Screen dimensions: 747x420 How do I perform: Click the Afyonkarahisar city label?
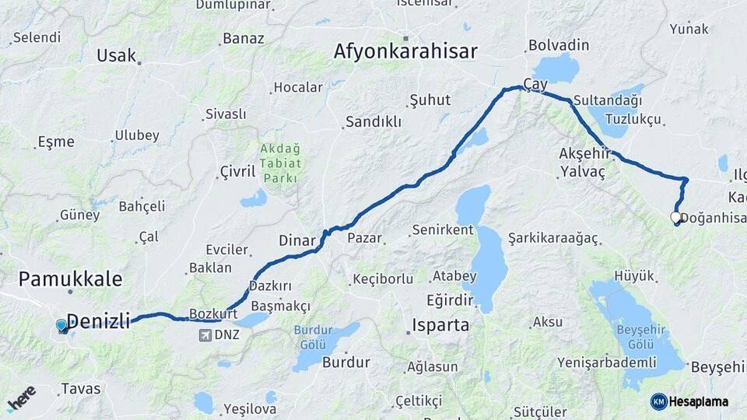click(x=405, y=51)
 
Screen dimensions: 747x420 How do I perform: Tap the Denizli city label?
click(x=98, y=320)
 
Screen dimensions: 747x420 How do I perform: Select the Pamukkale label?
click(x=70, y=278)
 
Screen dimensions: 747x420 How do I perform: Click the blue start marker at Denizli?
click(x=61, y=325)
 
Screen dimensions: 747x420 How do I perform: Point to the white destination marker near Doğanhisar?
click(x=675, y=219)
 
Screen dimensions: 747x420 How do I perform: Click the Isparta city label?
click(x=440, y=324)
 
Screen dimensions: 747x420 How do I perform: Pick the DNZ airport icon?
click(x=205, y=335)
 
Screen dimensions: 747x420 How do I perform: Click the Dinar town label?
click(x=297, y=240)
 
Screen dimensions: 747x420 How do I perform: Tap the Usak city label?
click(x=117, y=55)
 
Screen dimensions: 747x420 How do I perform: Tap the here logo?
click(x=21, y=397)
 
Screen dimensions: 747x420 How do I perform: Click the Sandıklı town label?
click(x=373, y=121)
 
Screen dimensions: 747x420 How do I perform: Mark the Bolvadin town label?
click(x=558, y=45)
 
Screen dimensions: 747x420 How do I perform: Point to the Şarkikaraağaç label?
click(x=552, y=236)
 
